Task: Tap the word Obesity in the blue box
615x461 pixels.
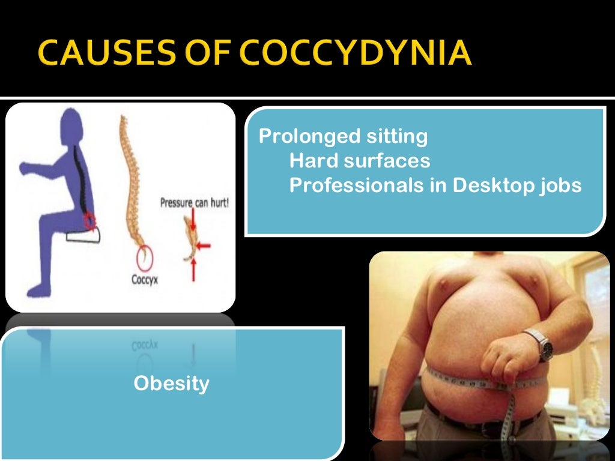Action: pos(171,383)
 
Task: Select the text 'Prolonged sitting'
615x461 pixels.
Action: pos(343,136)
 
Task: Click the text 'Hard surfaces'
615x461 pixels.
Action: pos(359,161)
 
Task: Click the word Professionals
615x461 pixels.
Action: pos(356,185)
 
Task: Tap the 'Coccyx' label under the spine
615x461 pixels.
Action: pos(144,279)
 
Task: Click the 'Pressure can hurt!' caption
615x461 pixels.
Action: pos(194,203)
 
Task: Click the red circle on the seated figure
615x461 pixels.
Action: pos(89,221)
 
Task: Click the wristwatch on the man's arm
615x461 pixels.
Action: pos(543,345)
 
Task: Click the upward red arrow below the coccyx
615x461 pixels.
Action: pos(193,271)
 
